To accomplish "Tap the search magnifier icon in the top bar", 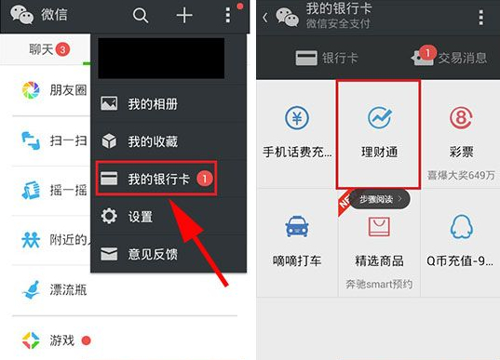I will click(141, 15).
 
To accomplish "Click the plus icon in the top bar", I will click(184, 15).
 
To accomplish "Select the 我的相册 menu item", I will click(153, 103).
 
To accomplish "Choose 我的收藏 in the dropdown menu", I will click(153, 141).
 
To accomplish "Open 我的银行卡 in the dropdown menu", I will click(157, 179).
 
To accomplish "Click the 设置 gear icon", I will click(109, 217).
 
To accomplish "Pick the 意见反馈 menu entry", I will click(153, 253).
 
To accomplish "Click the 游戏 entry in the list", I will click(61, 340).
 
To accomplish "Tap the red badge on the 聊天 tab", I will click(62, 48).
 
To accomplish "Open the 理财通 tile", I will click(379, 131).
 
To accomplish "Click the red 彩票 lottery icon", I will click(461, 119).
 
